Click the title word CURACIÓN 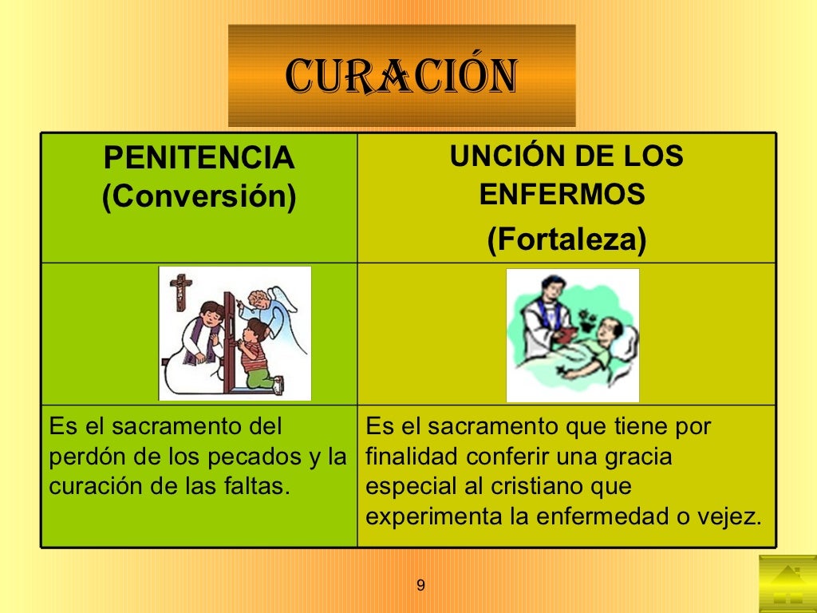401,76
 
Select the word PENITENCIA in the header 199,159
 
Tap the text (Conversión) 199,196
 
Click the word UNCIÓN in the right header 497,156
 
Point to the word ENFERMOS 562,195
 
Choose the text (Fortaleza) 566,239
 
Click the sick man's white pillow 626,343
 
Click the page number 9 420,587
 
